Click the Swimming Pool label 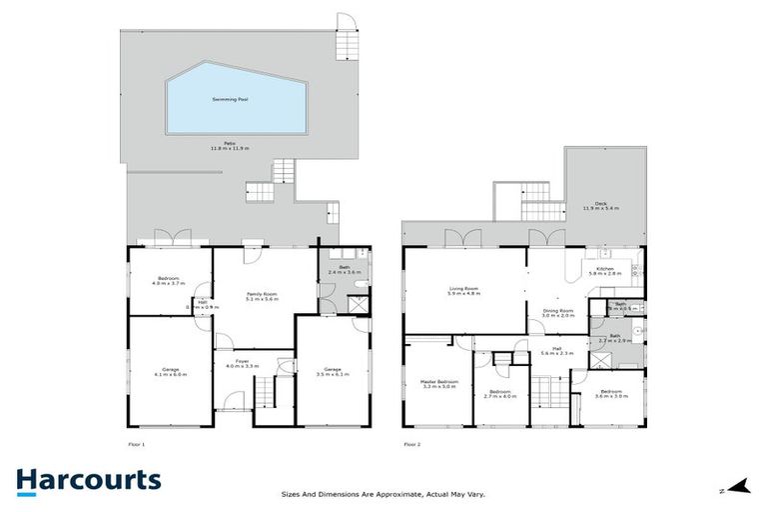click(231, 99)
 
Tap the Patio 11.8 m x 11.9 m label click(231, 146)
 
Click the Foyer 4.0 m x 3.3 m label click(242, 363)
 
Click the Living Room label click(464, 291)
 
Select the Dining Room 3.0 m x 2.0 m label click(557, 313)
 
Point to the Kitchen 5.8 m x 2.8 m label click(608, 270)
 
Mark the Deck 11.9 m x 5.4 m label click(601, 206)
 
